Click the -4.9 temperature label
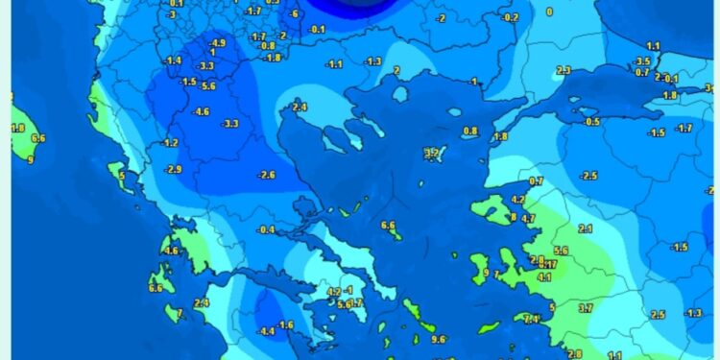(218, 43)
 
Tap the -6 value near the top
(294, 14)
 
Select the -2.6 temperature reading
(267, 175)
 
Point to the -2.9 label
(174, 170)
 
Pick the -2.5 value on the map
(588, 176)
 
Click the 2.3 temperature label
(564, 70)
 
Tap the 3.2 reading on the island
(432, 153)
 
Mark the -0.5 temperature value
(591, 122)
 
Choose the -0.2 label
(511, 18)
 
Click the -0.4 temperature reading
(266, 229)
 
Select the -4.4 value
(267, 331)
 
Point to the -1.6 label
(286, 324)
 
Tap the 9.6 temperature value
(440, 339)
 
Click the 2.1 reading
(587, 228)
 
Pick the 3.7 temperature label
(587, 307)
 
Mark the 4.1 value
(544, 277)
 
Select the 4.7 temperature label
(528, 219)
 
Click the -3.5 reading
(642, 61)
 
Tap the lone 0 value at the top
(549, 12)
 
